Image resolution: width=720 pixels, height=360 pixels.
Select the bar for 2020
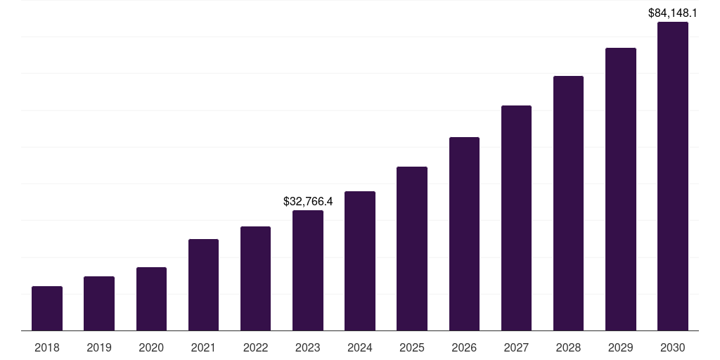[x=151, y=299]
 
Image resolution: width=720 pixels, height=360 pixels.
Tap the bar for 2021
[x=203, y=285]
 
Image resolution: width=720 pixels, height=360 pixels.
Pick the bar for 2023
[x=308, y=271]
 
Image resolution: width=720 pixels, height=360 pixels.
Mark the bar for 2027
[x=516, y=218]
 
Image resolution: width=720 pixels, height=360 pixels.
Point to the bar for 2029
[x=621, y=189]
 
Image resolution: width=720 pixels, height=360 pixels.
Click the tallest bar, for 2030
[x=673, y=176]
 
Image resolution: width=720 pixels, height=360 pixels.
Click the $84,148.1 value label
[x=673, y=12]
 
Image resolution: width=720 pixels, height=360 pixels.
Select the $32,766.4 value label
[x=308, y=201]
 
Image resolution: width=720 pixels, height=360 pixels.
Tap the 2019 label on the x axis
[x=99, y=347]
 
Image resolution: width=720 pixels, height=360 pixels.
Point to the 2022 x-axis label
[x=256, y=347]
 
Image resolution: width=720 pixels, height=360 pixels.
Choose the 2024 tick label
[x=360, y=347]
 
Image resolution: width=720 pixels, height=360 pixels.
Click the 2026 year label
[x=464, y=347]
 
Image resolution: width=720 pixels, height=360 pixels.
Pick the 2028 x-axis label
[x=568, y=347]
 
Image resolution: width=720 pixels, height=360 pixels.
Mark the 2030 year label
[x=673, y=347]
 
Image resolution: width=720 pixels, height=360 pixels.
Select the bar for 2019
[x=99, y=303]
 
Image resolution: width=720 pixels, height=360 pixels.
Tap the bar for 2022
[x=256, y=278]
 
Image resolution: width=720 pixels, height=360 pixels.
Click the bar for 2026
[x=464, y=233]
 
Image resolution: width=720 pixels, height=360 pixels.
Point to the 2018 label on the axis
[x=47, y=347]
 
